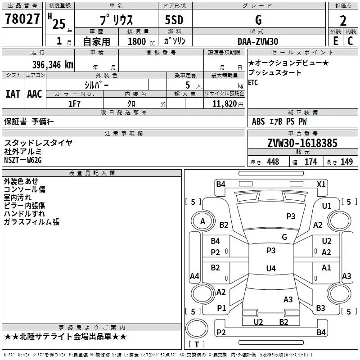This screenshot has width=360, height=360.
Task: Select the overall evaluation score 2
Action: (x=343, y=21)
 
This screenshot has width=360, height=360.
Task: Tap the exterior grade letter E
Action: (x=335, y=41)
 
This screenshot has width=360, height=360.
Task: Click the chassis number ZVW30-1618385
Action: (x=302, y=143)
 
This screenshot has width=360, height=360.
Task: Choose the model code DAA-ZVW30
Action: (x=258, y=41)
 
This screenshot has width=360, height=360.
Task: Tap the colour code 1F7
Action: (x=74, y=103)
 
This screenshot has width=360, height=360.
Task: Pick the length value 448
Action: (x=273, y=162)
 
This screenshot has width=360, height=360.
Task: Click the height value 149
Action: (x=346, y=162)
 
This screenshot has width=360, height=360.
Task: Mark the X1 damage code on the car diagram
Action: (x=321, y=184)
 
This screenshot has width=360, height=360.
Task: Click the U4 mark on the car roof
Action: (x=270, y=269)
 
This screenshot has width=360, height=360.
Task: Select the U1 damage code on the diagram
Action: (x=327, y=206)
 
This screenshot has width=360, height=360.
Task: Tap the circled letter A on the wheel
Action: (x=202, y=221)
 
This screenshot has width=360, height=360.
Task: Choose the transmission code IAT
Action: (x=13, y=94)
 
